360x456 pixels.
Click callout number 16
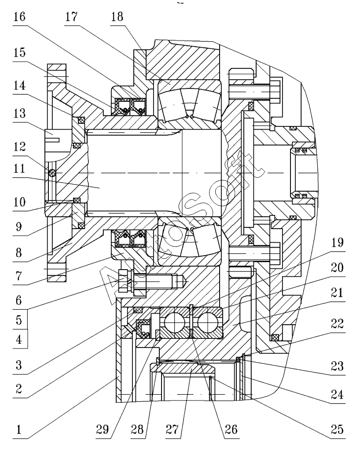tap(19, 17)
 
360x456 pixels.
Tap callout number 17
tap(71, 17)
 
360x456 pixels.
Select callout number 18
tap(117, 17)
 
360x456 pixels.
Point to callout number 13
tap(19, 113)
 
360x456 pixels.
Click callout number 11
tap(19, 169)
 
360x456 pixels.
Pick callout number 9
tap(19, 226)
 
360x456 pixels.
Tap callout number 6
tap(19, 300)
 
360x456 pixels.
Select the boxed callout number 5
tap(19, 320)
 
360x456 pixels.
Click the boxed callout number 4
tap(19, 339)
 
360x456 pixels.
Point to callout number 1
tap(19, 429)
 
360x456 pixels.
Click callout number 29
tap(103, 429)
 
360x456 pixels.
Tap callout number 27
tap(173, 429)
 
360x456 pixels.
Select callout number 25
tap(337, 429)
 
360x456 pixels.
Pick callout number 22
tap(337, 323)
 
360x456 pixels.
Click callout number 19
tap(338, 242)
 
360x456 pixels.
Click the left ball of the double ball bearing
tap(173, 323)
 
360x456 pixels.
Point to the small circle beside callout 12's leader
tap(52, 173)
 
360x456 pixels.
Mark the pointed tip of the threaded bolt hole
tap(188, 282)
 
